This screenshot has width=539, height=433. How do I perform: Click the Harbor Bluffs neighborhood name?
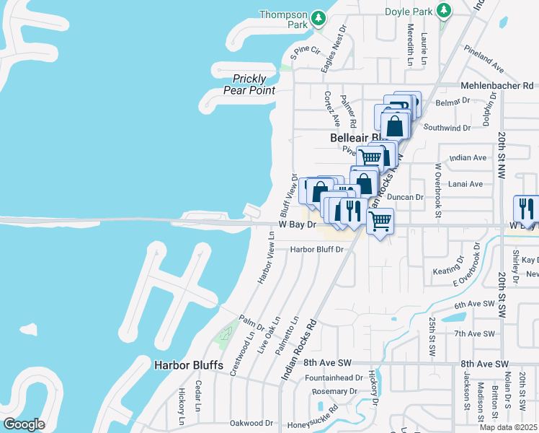pos(189,365)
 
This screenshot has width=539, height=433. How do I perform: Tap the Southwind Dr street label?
pos(447,127)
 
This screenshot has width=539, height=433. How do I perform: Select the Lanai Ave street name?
pos(465,184)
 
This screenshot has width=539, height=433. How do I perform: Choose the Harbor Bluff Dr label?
pos(317,250)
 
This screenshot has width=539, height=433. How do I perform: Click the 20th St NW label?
pos(502,150)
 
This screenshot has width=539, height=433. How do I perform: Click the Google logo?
pos(24,424)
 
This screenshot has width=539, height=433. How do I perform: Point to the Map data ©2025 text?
pos(509,427)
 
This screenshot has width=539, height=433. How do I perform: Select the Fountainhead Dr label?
pos(334,377)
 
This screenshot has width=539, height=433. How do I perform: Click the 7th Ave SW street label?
pos(474,333)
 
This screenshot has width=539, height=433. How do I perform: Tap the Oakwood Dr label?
pos(251,423)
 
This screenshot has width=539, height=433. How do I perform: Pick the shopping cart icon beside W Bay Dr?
pos(380,221)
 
